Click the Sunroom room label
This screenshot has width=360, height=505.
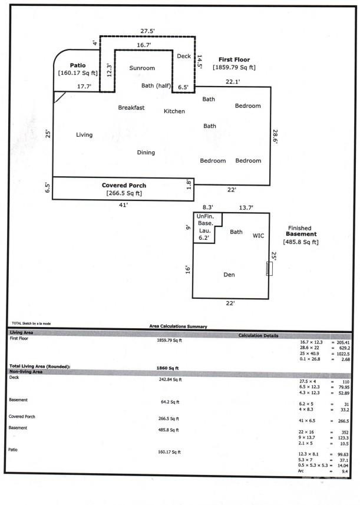pos(142,68)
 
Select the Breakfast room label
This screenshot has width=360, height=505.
pos(131,108)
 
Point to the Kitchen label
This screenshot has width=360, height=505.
pos(174,111)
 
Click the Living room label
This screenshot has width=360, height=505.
pos(84,135)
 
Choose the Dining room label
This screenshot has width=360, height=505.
pos(146,153)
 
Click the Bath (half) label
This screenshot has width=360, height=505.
pos(156,86)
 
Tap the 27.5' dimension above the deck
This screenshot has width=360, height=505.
pos(148,30)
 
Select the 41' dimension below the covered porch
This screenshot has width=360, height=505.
pos(124,205)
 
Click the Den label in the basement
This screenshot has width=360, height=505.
pos(230,275)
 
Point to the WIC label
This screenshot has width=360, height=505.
pos(258,236)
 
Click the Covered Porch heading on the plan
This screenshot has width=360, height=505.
pos(124,185)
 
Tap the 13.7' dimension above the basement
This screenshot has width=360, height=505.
pos(246,207)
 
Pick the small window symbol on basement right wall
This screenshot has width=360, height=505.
pos(269,269)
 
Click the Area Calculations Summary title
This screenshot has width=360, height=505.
pos(179,326)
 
